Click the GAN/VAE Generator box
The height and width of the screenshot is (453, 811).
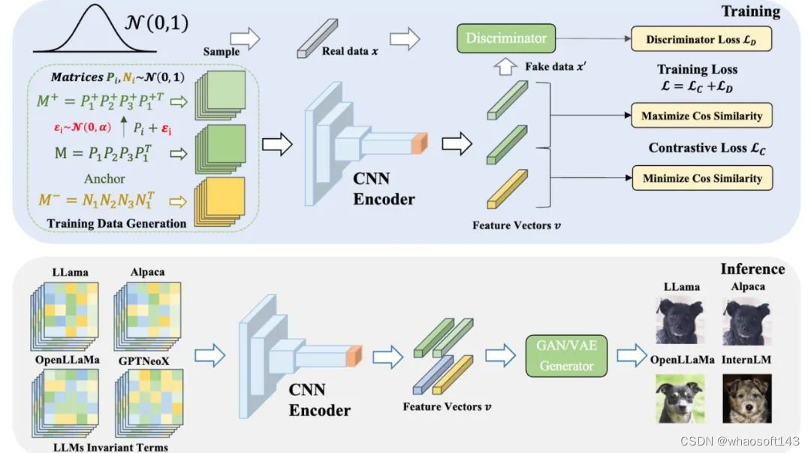(x=567, y=355)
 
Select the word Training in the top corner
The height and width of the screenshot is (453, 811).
(x=750, y=12)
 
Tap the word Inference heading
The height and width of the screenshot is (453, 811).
(x=752, y=269)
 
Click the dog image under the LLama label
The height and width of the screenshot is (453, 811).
(x=680, y=321)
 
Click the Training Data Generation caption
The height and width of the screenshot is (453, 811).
(x=116, y=223)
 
